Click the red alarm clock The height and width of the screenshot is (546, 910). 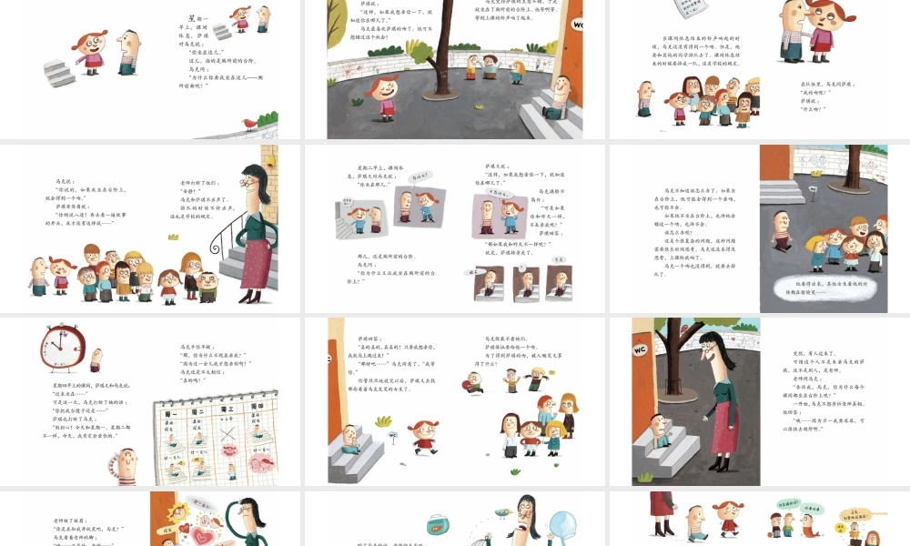pos(62,349)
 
